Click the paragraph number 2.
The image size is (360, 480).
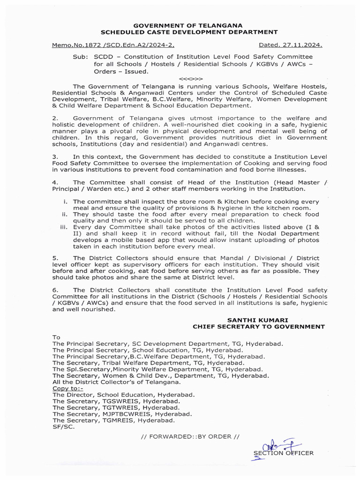(55, 119)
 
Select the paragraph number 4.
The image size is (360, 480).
(55, 182)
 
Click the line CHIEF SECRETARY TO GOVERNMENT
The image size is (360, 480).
(259, 326)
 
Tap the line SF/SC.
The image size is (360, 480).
(63, 427)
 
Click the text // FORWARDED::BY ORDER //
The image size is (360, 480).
(190, 436)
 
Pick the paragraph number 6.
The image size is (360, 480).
(55, 290)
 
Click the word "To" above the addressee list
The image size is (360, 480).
(57, 337)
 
